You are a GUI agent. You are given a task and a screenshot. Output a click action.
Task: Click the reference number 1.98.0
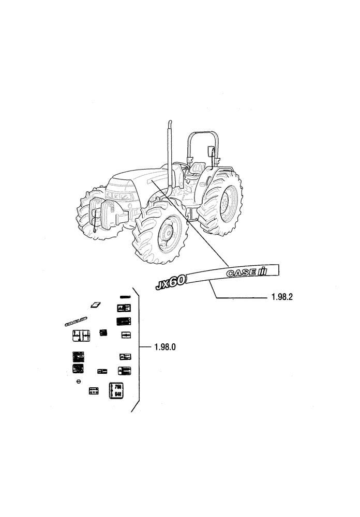165,347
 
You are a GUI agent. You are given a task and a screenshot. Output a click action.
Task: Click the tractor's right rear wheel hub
226,200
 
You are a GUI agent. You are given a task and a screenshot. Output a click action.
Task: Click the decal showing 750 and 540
116,390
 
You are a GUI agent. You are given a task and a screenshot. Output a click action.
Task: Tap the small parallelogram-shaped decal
95,305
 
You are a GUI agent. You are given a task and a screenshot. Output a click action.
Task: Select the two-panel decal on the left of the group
81,336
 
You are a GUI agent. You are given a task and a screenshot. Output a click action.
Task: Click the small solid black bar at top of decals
125,297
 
